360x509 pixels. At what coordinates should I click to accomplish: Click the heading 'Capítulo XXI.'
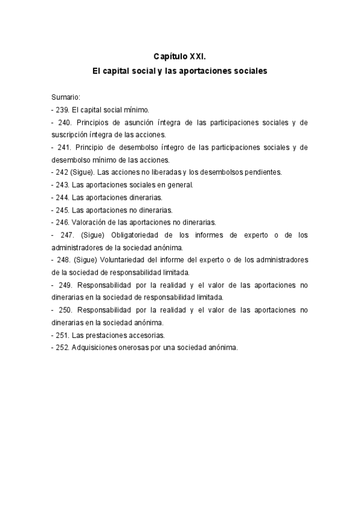(x=180, y=57)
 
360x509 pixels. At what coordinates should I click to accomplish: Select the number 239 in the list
(x=62, y=110)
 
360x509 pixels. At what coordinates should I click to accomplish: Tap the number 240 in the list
(x=65, y=122)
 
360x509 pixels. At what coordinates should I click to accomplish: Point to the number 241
(x=65, y=147)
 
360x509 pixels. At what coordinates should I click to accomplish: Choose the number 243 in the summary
(x=62, y=185)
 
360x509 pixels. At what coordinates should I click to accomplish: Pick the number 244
(x=62, y=197)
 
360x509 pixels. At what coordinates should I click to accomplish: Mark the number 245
(x=62, y=210)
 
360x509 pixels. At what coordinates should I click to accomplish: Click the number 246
(x=62, y=222)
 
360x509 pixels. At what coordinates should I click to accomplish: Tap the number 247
(x=67, y=235)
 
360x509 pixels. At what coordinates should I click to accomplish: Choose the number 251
(x=62, y=335)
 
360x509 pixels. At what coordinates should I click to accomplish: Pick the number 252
(x=62, y=348)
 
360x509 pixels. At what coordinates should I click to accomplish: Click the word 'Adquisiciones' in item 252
(x=94, y=348)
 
